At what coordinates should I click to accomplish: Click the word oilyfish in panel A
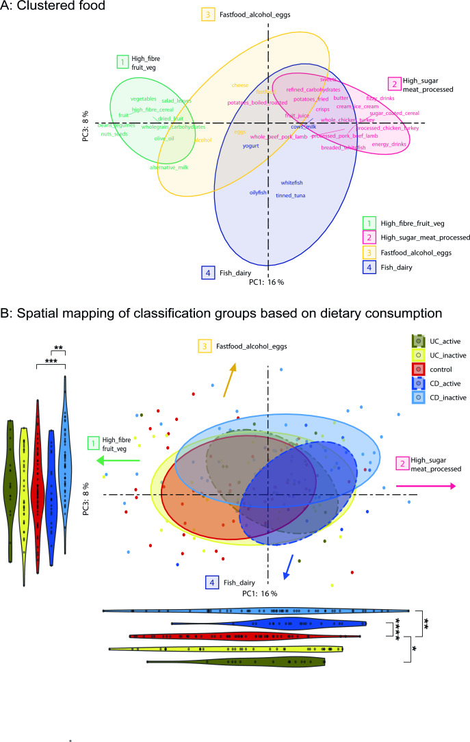pos(260,192)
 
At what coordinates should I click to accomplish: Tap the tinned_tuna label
pos(290,196)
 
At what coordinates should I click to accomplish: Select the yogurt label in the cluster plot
pos(251,146)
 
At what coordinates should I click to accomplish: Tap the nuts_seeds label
pos(114,133)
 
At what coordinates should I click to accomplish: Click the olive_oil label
pos(164,139)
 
